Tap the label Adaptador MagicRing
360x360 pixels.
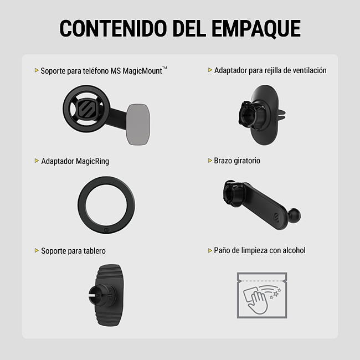coord(75,161)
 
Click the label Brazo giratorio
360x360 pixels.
coord(237,161)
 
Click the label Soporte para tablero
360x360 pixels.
coord(73,251)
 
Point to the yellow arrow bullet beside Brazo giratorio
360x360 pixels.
coord(209,161)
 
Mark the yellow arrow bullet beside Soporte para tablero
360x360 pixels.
coord(37,251)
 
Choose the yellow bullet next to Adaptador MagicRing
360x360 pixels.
coord(37,161)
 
